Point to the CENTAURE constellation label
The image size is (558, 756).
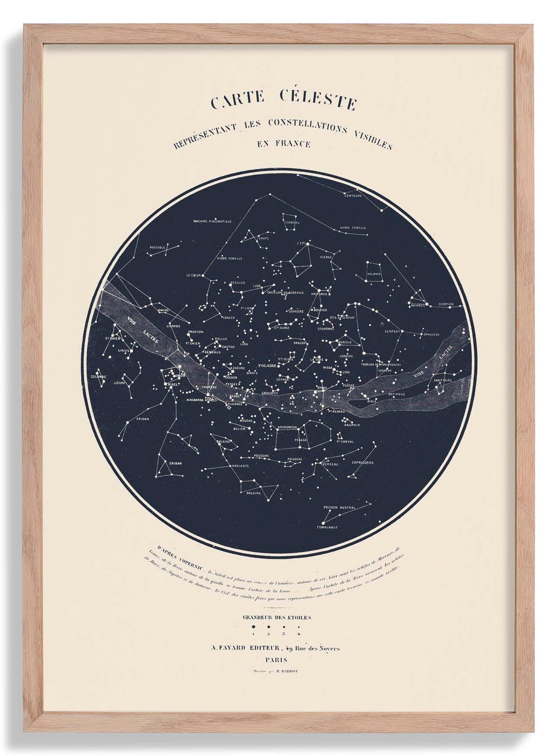point(353,196)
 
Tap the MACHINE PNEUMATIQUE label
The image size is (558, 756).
point(212,221)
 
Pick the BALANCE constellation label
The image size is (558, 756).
point(374,274)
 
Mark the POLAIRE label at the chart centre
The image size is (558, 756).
point(266,364)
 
